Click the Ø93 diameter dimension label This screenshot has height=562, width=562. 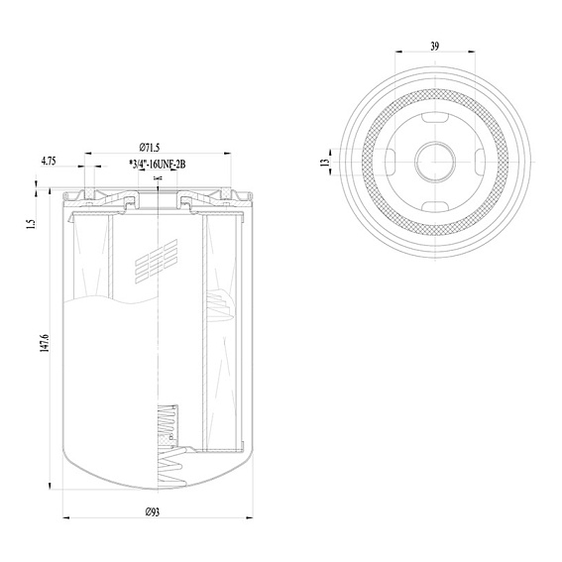(153, 512)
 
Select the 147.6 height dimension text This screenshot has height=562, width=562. (45, 343)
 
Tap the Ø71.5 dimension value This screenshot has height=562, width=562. (149, 148)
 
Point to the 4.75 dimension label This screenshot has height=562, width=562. (49, 161)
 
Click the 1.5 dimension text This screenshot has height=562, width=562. (32, 224)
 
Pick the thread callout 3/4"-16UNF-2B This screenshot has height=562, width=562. (158, 165)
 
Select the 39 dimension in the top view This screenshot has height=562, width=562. (434, 46)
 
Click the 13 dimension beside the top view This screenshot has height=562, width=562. (325, 162)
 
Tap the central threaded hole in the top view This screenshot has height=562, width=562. (435, 162)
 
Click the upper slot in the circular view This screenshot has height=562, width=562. (435, 118)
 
